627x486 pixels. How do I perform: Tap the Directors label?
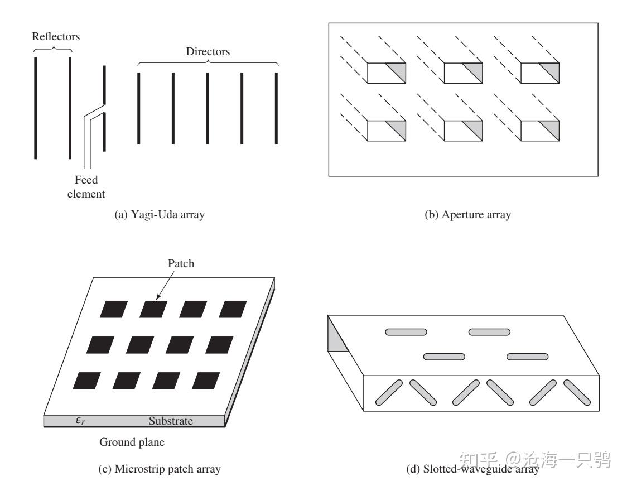(208, 52)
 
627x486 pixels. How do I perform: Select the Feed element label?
(90, 187)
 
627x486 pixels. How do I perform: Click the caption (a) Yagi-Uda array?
(159, 215)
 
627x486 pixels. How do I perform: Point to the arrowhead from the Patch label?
(158, 299)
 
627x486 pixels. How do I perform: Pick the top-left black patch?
(114, 309)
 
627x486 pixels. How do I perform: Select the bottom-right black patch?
(208, 381)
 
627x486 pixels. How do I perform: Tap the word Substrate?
(171, 421)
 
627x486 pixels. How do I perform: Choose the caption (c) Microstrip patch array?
(159, 469)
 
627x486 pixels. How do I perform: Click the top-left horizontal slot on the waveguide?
(406, 332)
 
